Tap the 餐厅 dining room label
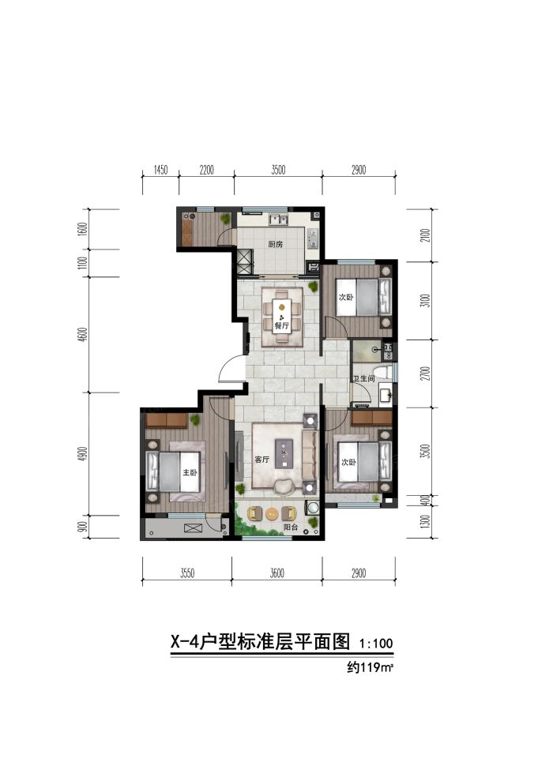coord(281,325)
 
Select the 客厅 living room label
coord(262,459)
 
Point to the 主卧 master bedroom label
coord(190,473)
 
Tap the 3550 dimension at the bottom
coord(186,573)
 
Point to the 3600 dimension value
coord(276,573)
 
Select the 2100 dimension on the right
coord(424,235)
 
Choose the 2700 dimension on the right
coord(424,372)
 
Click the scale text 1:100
coord(375,644)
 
